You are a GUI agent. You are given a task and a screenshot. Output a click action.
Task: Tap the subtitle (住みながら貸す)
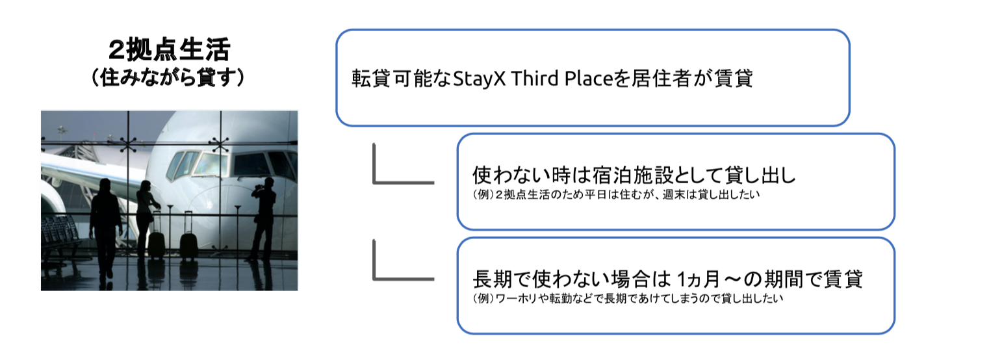tap(169, 77)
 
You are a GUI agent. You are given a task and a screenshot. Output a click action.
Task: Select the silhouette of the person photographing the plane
tap(263, 218)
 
